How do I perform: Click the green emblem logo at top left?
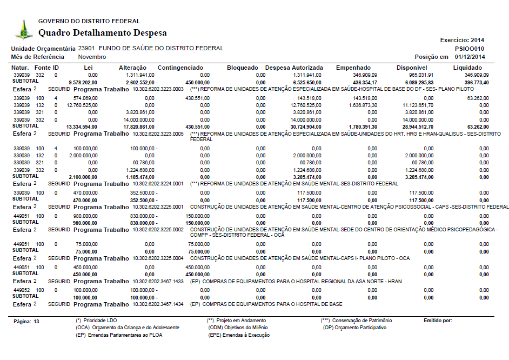[x=23, y=29]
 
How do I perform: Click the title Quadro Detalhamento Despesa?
[x=102, y=33]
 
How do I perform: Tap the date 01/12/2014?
[x=470, y=57]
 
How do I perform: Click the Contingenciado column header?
[x=180, y=68]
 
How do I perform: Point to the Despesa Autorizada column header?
[x=295, y=68]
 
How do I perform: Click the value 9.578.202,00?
[x=84, y=82]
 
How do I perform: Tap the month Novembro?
[x=92, y=57]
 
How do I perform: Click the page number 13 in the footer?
[x=37, y=321]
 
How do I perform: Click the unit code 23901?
[x=87, y=49]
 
